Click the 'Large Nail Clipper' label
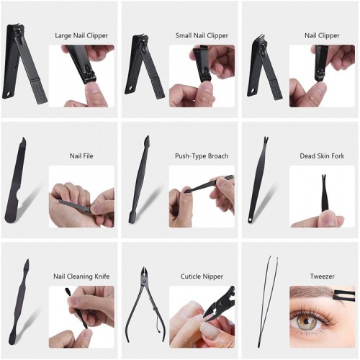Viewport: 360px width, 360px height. pyautogui.click(x=81, y=35)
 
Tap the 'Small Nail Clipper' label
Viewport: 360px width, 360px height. pyautogui.click(x=202, y=35)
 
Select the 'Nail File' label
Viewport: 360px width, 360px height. pyautogui.click(x=81, y=156)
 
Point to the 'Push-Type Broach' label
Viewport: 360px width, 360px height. pyautogui.click(x=202, y=156)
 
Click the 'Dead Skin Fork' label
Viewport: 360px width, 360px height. pyautogui.click(x=322, y=156)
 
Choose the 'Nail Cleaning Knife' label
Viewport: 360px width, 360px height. pyautogui.click(x=81, y=276)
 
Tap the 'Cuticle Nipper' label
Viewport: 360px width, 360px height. pyautogui.click(x=202, y=276)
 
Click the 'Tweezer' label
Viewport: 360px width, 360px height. pyautogui.click(x=322, y=276)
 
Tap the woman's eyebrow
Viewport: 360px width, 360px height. pyautogui.click(x=312, y=293)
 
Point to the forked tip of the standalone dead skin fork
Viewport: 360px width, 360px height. pyautogui.click(x=266, y=139)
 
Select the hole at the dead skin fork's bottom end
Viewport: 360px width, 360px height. pyautogui.click(x=251, y=219)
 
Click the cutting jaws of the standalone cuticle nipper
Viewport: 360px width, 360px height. pyautogui.click(x=145, y=273)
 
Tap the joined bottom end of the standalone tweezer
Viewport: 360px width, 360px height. pyautogui.click(x=259, y=346)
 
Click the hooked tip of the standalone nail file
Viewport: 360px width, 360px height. pyautogui.click(x=23, y=140)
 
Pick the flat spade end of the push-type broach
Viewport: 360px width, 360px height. pyautogui.click(x=132, y=217)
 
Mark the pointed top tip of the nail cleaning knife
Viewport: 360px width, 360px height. pyautogui.click(x=27, y=261)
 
